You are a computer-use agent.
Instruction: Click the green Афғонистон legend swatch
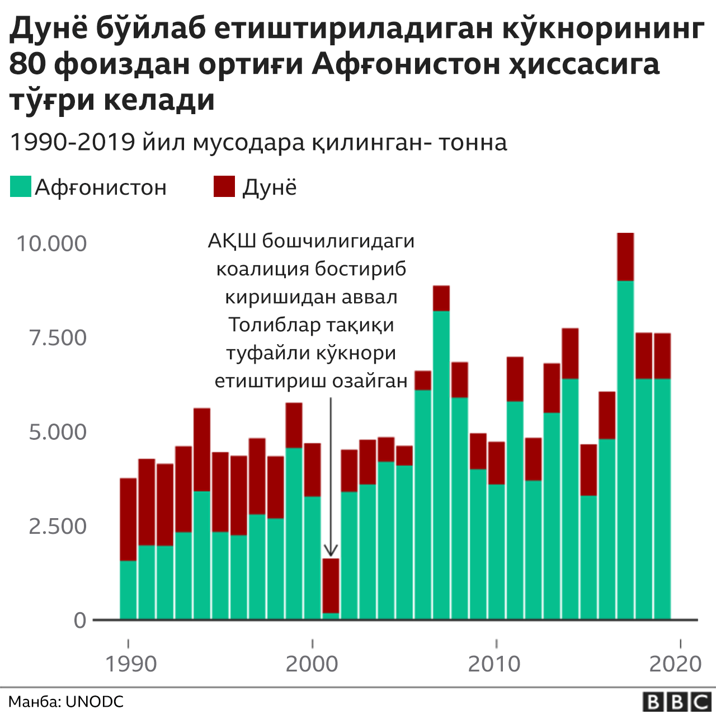[x=20, y=186]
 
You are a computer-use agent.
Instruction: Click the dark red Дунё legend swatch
[x=224, y=186]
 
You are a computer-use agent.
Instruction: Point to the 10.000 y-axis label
[x=51, y=244]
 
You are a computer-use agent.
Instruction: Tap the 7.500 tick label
[x=58, y=338]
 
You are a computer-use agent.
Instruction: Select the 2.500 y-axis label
[x=58, y=527]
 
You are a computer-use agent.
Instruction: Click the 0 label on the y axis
[x=80, y=621]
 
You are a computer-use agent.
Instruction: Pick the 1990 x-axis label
[x=131, y=664]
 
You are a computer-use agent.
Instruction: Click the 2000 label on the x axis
[x=312, y=664]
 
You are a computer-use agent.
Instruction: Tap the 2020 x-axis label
[x=675, y=664]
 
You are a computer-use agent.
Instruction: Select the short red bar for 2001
[x=331, y=585]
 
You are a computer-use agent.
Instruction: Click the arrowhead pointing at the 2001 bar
[x=331, y=552]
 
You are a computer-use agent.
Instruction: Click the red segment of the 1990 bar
[x=128, y=519]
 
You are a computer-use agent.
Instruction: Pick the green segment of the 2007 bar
[x=441, y=464]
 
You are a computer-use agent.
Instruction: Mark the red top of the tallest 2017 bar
[x=625, y=257]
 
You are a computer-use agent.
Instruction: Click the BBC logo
[x=676, y=702]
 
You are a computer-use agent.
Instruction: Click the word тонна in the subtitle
[x=473, y=143]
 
